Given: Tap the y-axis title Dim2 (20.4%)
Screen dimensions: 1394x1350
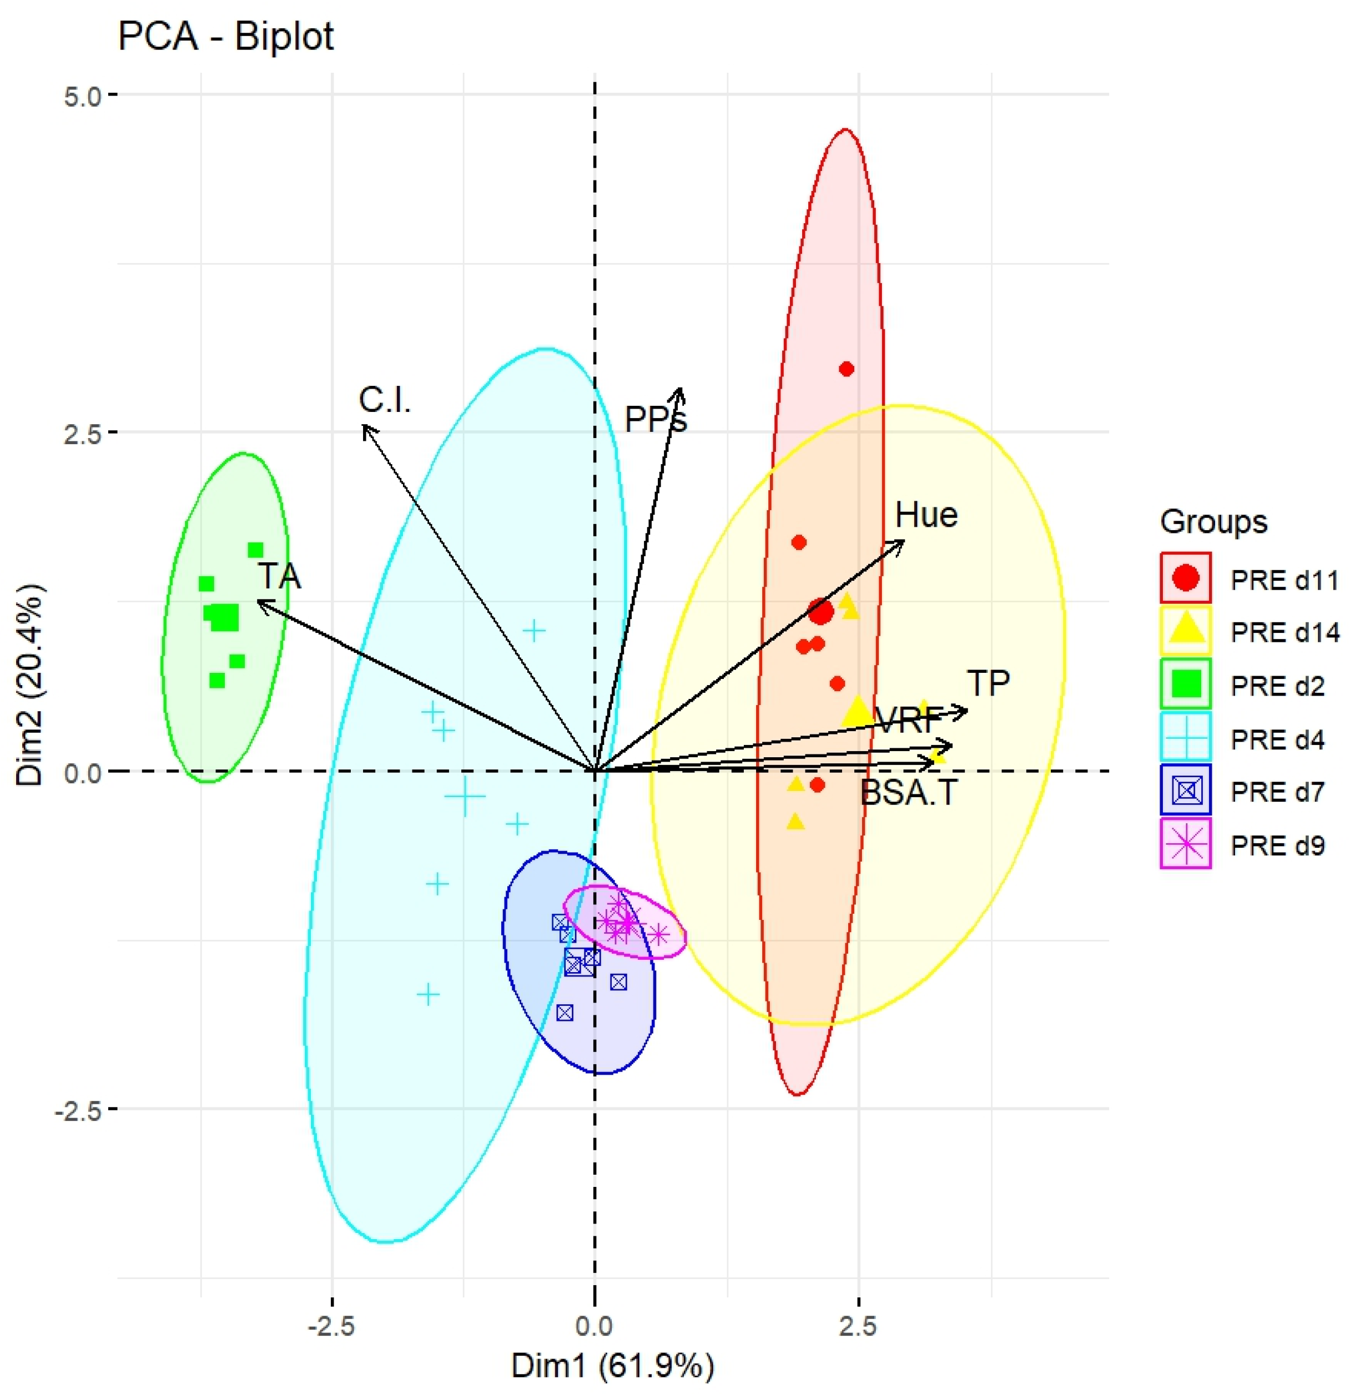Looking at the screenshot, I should pyautogui.click(x=31, y=686).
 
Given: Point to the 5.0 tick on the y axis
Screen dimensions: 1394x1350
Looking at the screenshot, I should pyautogui.click(x=83, y=95).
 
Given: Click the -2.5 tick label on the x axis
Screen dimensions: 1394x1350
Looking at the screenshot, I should pyautogui.click(x=331, y=1326).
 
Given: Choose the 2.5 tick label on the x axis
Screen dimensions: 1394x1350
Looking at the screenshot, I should pyautogui.click(x=859, y=1326).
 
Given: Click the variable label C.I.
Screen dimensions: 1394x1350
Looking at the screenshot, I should pyautogui.click(x=385, y=400).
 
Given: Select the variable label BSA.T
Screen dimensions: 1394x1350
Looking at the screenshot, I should pyautogui.click(x=909, y=793).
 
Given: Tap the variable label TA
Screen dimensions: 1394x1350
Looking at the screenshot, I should pyautogui.click(x=280, y=576).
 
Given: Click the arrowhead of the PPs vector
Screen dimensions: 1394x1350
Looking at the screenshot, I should pyautogui.click(x=680, y=390).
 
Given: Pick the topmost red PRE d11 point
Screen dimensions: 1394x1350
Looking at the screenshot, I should pyautogui.click(x=847, y=369).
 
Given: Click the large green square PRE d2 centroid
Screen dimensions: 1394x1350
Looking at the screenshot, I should pyautogui.click(x=226, y=617).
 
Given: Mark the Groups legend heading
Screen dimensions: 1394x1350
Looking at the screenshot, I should pyautogui.click(x=1213, y=522).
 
